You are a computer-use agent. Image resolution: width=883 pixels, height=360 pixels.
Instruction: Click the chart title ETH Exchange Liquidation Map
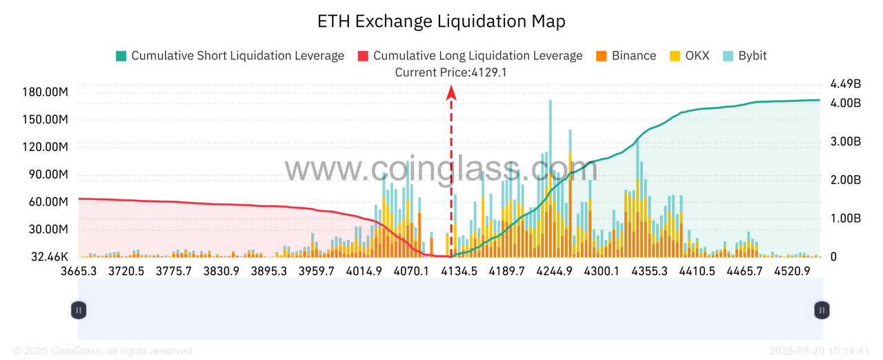441,21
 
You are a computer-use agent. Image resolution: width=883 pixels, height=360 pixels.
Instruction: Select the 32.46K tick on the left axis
47,257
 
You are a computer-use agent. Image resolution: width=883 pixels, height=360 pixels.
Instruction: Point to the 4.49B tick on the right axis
846,84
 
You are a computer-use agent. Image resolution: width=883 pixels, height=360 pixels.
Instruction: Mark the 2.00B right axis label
846,180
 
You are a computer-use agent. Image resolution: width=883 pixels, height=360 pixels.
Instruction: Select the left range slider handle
79,310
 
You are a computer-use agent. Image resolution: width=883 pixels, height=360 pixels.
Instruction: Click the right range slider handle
822,310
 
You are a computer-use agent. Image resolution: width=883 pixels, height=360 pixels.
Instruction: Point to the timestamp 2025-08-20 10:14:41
818,351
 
